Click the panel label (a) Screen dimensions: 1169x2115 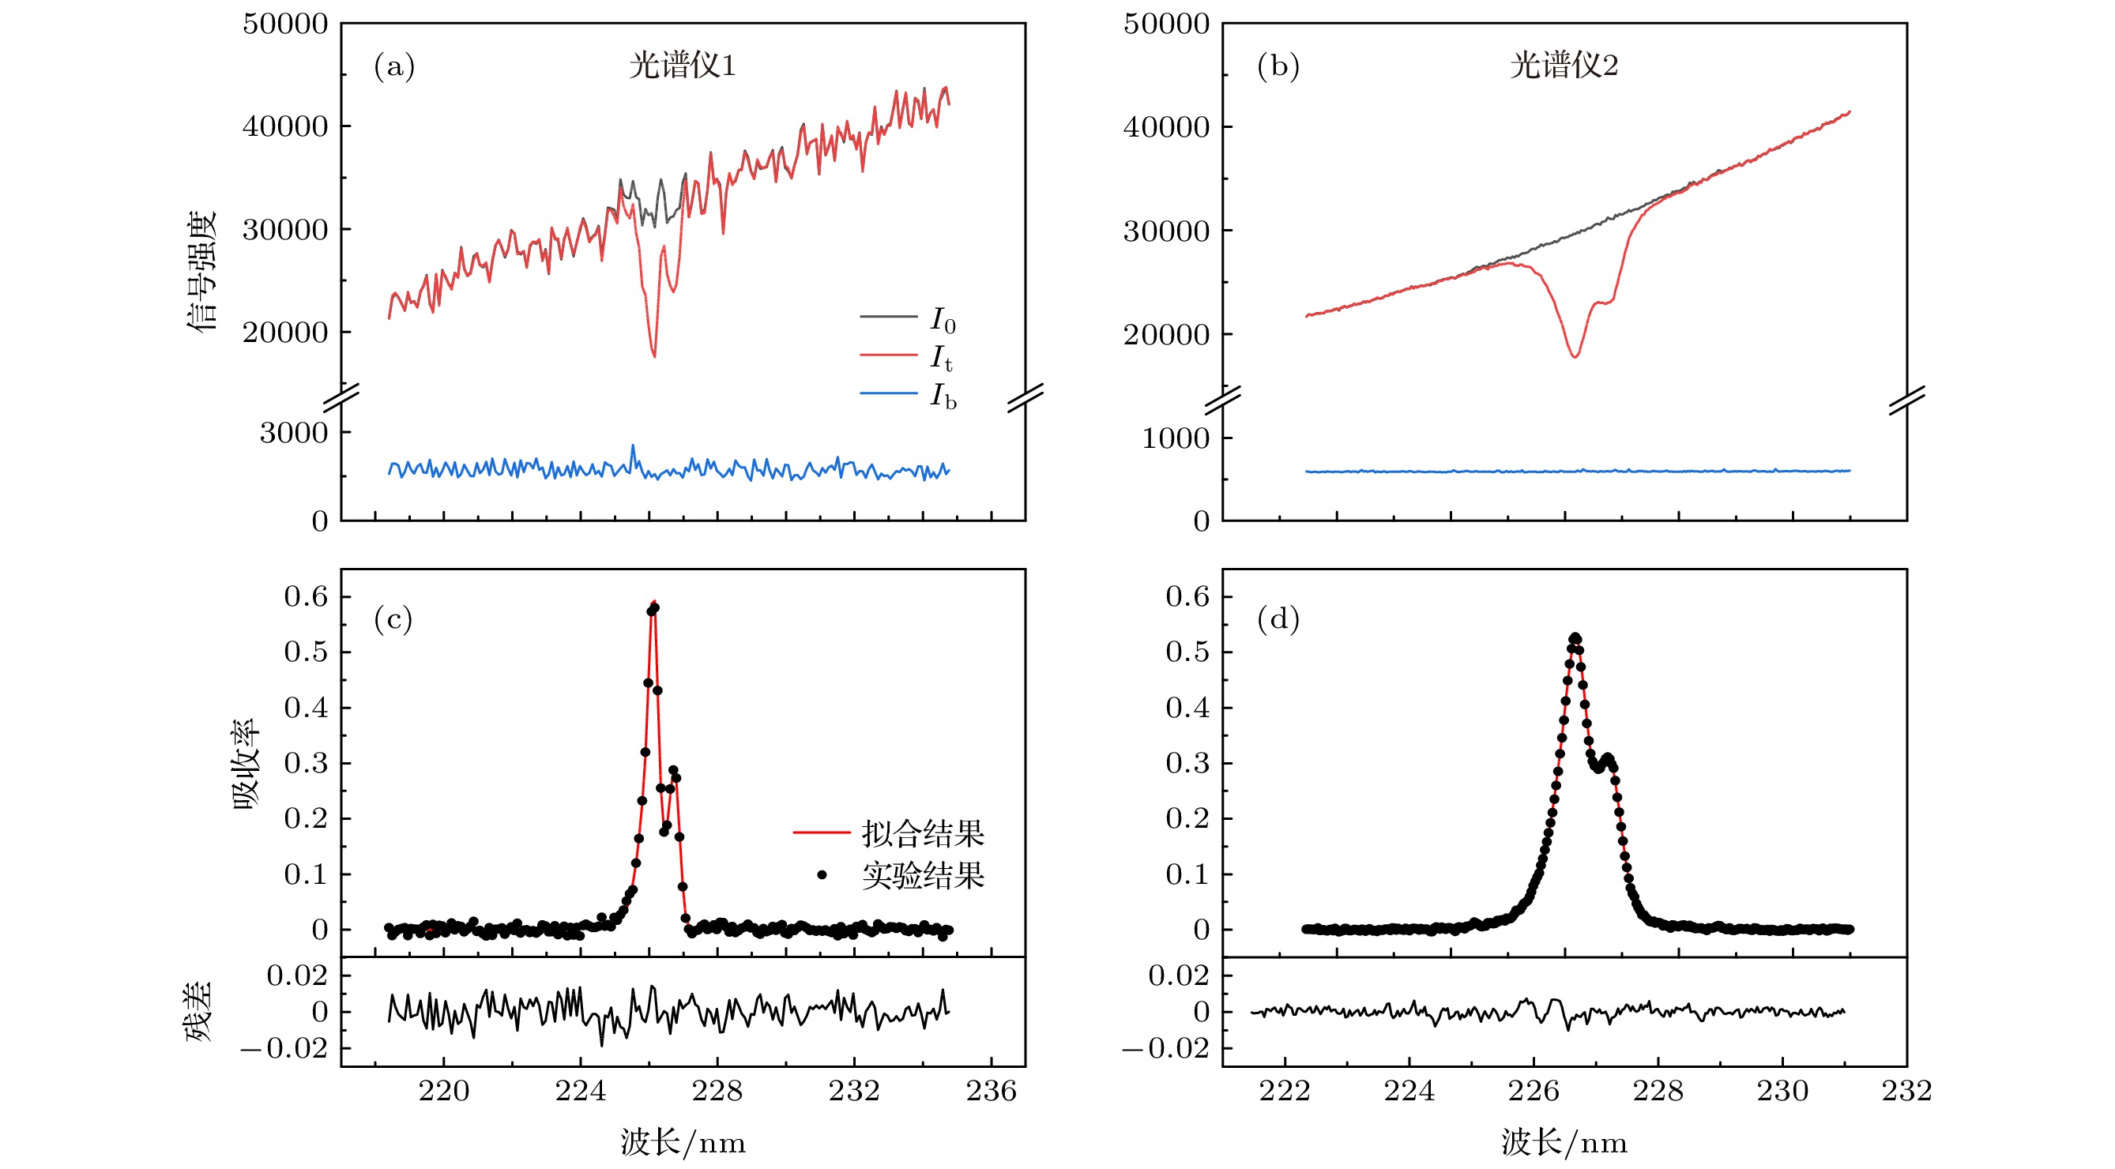[x=394, y=66]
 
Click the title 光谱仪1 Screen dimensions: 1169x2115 [x=683, y=65]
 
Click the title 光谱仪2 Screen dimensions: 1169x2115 [x=1564, y=65]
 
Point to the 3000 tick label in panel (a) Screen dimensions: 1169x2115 [x=294, y=433]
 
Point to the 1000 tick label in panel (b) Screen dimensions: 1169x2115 [x=1175, y=438]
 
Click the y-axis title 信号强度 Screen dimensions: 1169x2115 [x=202, y=271]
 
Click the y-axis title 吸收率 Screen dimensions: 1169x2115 [x=246, y=765]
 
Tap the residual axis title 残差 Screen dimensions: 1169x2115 [x=198, y=1012]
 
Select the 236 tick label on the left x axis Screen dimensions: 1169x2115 [x=991, y=1091]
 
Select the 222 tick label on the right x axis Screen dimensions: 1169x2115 [x=1284, y=1091]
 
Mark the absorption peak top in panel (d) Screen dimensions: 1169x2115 [x=1575, y=638]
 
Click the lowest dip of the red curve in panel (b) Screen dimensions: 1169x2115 [x=1575, y=356]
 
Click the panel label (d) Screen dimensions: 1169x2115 [x=1278, y=619]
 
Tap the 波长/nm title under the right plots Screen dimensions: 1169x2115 [x=1564, y=1143]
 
